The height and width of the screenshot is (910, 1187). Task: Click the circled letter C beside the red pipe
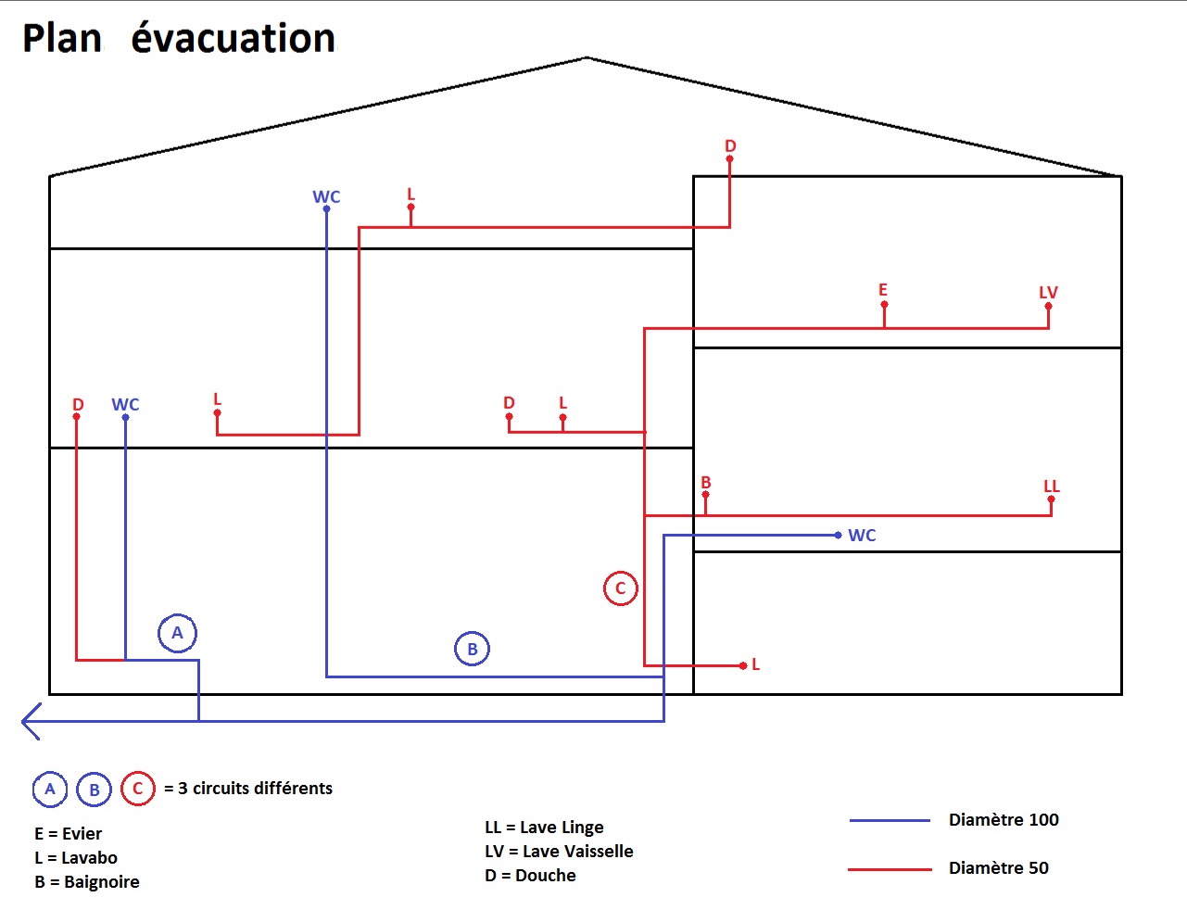(621, 588)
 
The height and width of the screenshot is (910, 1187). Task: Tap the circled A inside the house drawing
(177, 634)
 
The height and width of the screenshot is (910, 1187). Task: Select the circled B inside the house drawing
(472, 649)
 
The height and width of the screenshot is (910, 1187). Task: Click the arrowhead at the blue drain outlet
(30, 721)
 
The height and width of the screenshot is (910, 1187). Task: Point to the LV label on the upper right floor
(1048, 293)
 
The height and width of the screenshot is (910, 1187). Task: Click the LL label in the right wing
(1051, 487)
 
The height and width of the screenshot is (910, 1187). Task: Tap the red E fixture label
(883, 290)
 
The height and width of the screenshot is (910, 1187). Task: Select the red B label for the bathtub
(706, 483)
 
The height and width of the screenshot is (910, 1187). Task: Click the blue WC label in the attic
(326, 196)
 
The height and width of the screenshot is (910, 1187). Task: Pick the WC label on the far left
(125, 405)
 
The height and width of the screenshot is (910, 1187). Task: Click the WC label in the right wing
(862, 536)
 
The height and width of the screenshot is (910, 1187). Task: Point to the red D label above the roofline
(730, 146)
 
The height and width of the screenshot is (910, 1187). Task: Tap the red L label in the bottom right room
(755, 664)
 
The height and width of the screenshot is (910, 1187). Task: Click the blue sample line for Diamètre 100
(890, 820)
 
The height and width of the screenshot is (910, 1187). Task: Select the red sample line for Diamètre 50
(890, 869)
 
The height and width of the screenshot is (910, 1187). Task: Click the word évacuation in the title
(234, 38)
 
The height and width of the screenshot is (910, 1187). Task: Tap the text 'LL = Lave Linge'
(544, 827)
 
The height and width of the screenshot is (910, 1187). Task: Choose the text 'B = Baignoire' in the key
(87, 881)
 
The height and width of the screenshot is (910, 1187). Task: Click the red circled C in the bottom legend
(138, 789)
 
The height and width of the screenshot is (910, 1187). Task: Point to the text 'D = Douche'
(530, 875)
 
